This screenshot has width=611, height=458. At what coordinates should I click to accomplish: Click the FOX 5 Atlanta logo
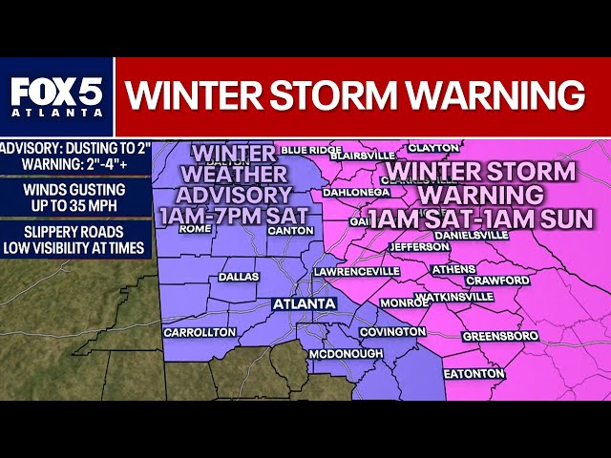(56, 96)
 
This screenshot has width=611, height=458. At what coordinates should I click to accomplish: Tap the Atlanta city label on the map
(305, 304)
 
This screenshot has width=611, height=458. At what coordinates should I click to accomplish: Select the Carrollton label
(200, 332)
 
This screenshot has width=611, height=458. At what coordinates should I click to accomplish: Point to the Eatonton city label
(474, 373)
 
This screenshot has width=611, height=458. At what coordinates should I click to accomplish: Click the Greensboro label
(500, 336)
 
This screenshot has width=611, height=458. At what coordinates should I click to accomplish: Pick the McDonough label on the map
(346, 354)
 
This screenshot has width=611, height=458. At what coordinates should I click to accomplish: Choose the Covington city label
(392, 331)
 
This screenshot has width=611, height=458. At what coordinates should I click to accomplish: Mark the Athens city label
(453, 269)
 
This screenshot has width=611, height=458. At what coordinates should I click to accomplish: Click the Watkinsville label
(455, 297)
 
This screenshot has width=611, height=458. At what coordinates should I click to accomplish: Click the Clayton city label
(433, 148)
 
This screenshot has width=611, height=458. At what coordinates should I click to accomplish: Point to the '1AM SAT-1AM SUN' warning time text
(480, 218)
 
